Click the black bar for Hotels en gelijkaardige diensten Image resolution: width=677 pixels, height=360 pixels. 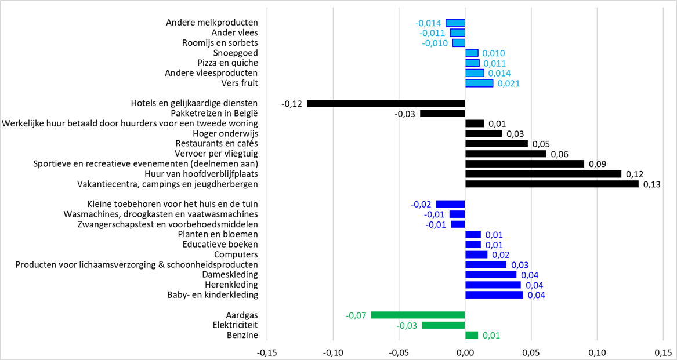click(386, 104)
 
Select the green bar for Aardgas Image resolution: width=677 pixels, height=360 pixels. click(418, 315)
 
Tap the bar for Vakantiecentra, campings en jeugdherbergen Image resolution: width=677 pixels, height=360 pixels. click(552, 184)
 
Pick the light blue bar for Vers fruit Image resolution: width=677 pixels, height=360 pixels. click(479, 83)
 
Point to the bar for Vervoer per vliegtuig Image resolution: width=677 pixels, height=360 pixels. click(505, 154)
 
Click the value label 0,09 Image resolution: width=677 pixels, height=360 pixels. click(598, 164)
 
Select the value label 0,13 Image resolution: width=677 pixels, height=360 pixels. click(652, 185)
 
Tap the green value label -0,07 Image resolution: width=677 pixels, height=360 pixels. click(356, 315)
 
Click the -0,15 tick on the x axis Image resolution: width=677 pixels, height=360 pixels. click(267, 352)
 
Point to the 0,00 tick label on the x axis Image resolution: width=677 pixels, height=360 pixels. click(465, 352)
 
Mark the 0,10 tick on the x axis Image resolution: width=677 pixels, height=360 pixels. click(597, 352)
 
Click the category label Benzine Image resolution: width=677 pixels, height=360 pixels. click(242, 335)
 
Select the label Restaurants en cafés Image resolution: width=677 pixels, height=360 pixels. click(216, 144)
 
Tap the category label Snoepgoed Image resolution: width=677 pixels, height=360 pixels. click(236, 53)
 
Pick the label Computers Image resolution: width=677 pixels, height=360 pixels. click(236, 254)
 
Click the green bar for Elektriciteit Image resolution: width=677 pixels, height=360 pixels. click(443, 325)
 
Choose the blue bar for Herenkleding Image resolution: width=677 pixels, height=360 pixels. click(493, 285)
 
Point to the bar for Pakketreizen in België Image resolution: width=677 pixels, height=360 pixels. click(443, 114)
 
